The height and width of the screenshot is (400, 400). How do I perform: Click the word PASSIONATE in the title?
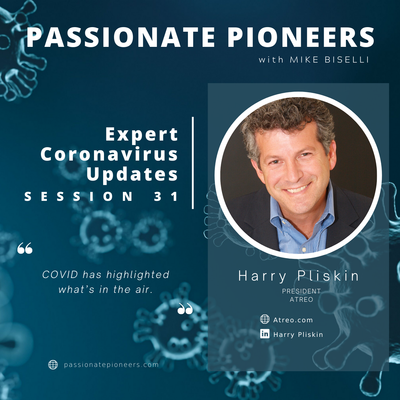(121, 37)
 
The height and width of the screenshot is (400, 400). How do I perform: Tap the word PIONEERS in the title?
(301, 37)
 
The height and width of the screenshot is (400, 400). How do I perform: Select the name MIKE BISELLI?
(329, 60)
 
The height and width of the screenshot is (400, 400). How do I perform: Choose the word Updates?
(132, 174)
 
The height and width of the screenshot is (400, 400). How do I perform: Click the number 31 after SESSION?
(166, 196)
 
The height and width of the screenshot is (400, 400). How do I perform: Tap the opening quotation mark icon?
(25, 248)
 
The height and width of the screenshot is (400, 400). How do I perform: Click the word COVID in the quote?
(60, 275)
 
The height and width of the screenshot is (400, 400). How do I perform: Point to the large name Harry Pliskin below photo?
(298, 276)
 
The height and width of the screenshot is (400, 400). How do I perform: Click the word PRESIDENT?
(301, 291)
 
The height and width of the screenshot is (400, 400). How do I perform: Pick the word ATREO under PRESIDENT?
(301, 299)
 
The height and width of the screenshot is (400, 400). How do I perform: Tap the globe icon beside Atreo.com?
(265, 319)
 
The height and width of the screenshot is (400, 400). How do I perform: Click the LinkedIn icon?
(265, 334)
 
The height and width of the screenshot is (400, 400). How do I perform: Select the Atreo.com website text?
(293, 320)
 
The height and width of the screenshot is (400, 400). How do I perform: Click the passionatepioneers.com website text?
(111, 365)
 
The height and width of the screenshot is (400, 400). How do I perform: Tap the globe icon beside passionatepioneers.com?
(53, 365)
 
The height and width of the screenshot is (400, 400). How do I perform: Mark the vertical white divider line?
(193, 163)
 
